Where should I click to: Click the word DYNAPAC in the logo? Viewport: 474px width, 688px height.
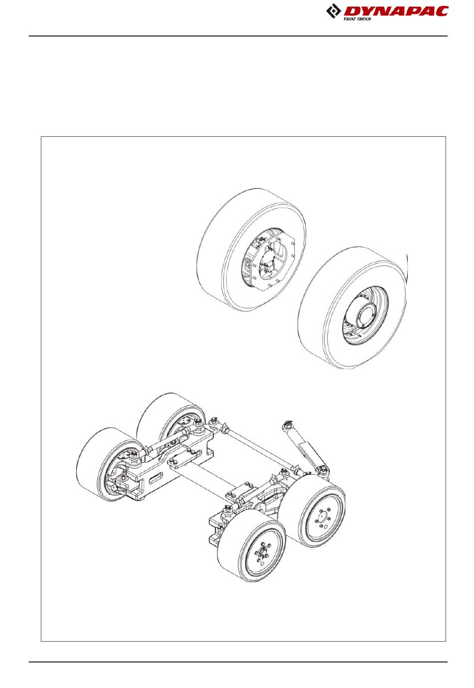click(395, 11)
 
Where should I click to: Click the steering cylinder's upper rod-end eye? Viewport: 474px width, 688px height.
click(287, 425)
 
